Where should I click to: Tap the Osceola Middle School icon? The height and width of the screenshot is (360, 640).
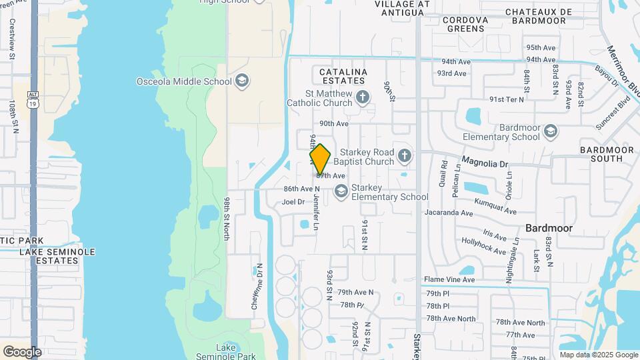coord(242,81)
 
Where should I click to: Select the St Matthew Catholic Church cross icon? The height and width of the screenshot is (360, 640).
coord(363,97)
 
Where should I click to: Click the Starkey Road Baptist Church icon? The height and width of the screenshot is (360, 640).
coord(404,157)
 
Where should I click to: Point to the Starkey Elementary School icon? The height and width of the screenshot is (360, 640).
coord(341,192)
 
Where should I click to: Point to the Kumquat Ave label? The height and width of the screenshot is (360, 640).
coord(495,206)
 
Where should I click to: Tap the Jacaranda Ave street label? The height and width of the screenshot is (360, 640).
coord(449,213)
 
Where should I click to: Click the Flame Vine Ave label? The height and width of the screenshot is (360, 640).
coord(449,279)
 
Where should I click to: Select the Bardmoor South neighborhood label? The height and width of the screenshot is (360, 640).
coord(607,154)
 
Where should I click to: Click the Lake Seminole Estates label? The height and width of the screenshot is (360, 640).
coord(57,256)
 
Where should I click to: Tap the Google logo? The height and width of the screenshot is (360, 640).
coord(22,351)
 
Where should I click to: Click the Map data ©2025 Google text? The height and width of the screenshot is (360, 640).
coord(598,355)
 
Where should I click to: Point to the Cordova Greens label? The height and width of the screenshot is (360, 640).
coord(465,24)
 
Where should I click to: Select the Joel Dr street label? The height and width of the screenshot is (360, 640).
coord(293,201)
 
